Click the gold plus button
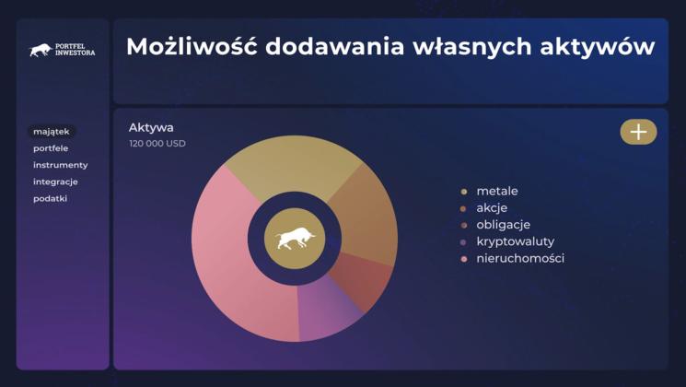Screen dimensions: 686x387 click(x=638, y=132)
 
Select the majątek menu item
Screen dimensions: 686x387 click(x=52, y=132)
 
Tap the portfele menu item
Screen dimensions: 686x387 click(x=51, y=148)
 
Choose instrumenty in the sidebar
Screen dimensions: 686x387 click(x=61, y=165)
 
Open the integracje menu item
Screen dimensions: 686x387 click(x=55, y=182)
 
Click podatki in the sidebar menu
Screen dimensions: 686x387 click(x=51, y=198)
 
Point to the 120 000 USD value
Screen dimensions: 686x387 click(x=157, y=144)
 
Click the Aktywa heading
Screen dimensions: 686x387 click(x=151, y=127)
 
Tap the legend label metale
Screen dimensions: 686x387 click(x=497, y=191)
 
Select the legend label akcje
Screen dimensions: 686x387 click(x=492, y=208)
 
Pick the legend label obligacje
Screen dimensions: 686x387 click(x=503, y=225)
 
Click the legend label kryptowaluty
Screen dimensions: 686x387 click(x=516, y=241)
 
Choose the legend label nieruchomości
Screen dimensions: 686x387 click(x=520, y=258)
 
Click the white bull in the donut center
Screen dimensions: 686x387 click(x=295, y=239)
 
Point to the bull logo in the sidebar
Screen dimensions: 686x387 click(x=41, y=50)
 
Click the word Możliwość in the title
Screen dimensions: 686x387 click(x=192, y=46)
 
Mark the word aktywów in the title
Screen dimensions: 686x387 click(x=598, y=47)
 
